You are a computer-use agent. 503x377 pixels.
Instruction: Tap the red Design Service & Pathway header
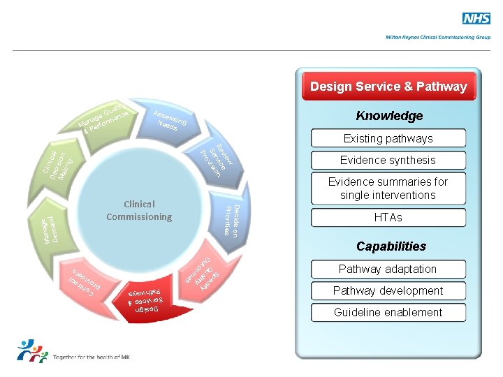[388, 87]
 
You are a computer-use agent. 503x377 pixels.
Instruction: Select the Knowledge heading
[389, 116]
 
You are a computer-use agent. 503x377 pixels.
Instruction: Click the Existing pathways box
[388, 138]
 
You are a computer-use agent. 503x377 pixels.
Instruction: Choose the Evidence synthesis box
[388, 160]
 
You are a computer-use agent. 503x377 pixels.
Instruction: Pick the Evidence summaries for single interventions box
[388, 188]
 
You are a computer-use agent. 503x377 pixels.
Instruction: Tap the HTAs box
[388, 218]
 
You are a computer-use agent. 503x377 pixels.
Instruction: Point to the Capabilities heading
[391, 246]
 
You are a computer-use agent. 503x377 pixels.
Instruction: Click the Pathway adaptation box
[388, 269]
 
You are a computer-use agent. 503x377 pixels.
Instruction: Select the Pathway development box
[388, 290]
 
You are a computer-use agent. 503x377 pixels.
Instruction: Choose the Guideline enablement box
[388, 312]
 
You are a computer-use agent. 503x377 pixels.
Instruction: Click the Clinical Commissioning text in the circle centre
[139, 210]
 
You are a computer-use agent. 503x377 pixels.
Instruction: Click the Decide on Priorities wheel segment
[231, 219]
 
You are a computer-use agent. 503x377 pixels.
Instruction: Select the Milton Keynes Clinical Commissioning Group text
[438, 37]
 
